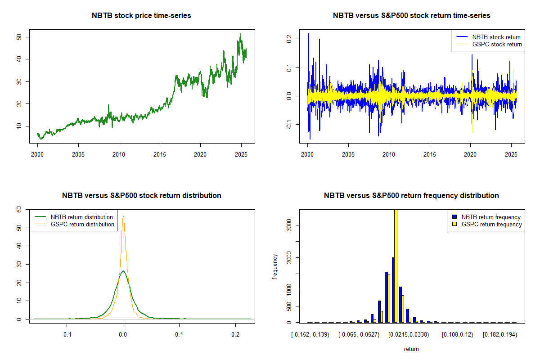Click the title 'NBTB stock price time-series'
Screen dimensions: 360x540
[x=141, y=16]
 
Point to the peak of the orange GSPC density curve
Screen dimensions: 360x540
[x=123, y=216]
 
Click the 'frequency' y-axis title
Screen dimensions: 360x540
[x=275, y=266]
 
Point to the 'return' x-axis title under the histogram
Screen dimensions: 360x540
[x=411, y=349]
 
